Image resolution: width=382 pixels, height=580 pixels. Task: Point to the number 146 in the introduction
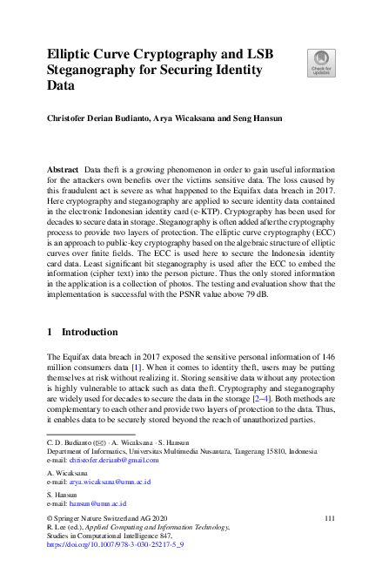[327, 334]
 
